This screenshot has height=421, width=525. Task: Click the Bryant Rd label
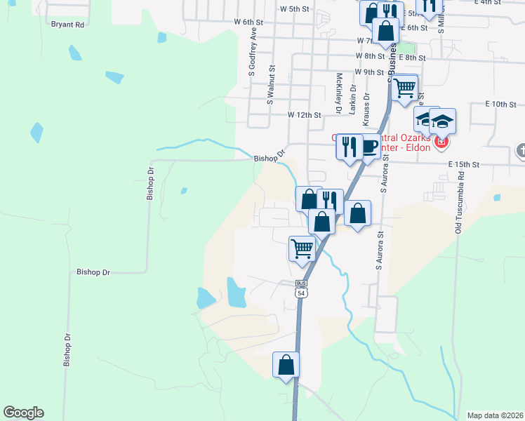[x=67, y=25]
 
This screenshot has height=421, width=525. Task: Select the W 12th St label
[x=304, y=114]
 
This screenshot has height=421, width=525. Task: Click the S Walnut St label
[x=270, y=86]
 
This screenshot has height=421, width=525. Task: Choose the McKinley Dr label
[x=338, y=93]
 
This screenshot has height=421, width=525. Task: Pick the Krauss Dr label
[x=366, y=113]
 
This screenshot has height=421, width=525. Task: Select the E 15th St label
[x=463, y=164]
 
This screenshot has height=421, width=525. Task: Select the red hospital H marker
[x=441, y=143]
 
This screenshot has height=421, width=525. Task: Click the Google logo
[x=23, y=413]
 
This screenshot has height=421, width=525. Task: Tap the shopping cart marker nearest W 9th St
[x=404, y=89]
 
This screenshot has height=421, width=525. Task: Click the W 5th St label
[x=294, y=9]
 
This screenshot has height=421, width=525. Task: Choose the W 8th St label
[x=370, y=55]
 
